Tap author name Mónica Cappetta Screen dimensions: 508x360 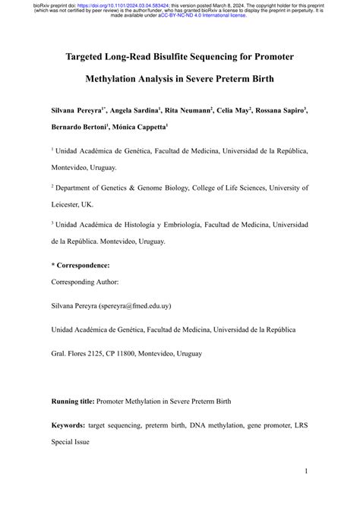(141, 128)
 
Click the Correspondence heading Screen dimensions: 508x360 (81, 265)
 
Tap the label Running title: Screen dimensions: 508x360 (75, 401)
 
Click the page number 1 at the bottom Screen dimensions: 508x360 (305, 472)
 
